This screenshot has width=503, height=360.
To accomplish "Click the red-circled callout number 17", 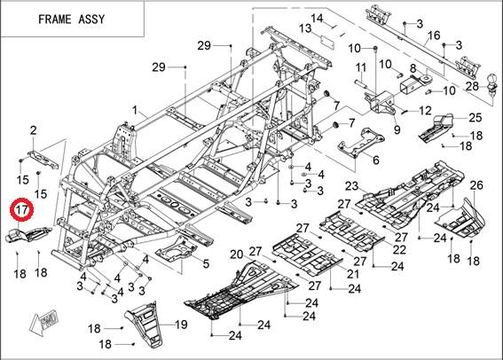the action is (x=21, y=210).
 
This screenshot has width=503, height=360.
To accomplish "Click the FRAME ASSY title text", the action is (x=72, y=20).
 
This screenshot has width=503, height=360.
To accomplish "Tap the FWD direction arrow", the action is (x=44, y=322).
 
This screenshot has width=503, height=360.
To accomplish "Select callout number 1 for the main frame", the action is (x=135, y=110).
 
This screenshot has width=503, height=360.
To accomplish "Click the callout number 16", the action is (x=434, y=35).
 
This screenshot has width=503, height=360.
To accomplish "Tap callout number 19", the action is (x=181, y=325).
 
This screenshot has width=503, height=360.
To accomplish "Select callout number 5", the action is (x=206, y=263).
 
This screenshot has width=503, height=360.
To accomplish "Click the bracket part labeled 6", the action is (x=361, y=143).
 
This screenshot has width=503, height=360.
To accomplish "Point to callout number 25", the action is (x=475, y=117).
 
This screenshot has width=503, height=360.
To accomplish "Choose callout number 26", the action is (x=476, y=185).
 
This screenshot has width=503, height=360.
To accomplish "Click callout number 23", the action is (x=351, y=186).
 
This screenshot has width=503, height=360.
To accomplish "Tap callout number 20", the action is (x=237, y=254).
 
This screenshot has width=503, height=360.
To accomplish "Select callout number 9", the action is (x=397, y=129).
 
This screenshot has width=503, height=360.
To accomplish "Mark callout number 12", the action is (x=425, y=111).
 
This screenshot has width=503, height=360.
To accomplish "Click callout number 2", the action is (x=34, y=130).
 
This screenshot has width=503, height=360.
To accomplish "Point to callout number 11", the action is (x=361, y=67).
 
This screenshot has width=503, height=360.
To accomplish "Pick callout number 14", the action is (x=317, y=18).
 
